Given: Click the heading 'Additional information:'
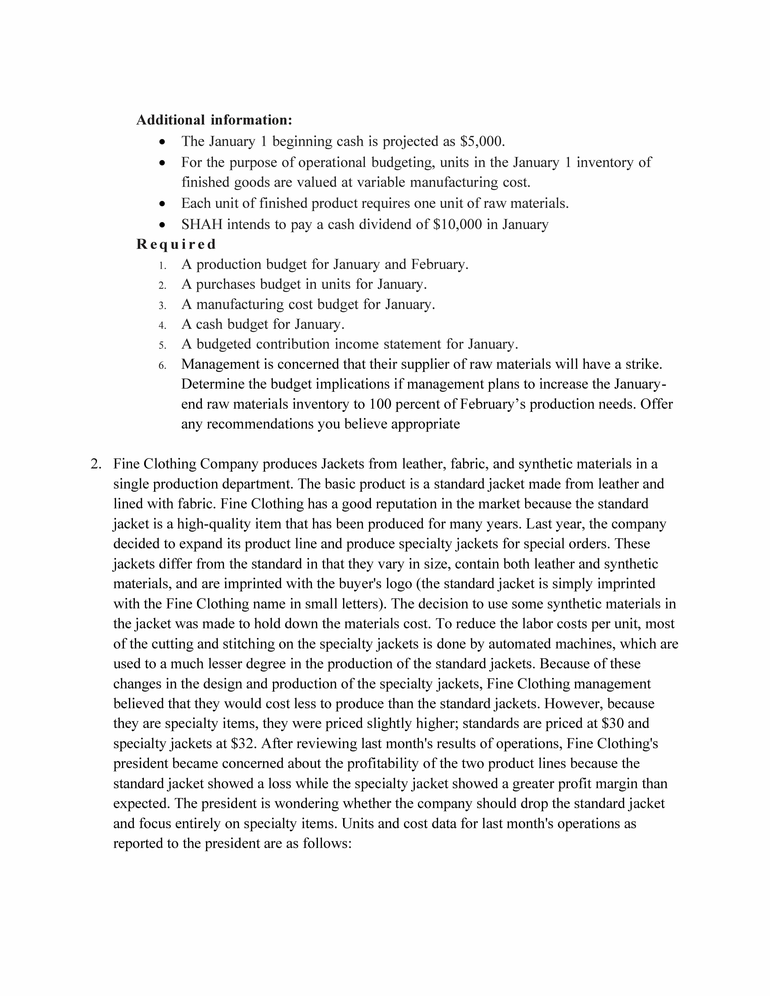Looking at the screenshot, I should [214, 120].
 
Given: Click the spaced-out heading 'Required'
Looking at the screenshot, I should [176, 244].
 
